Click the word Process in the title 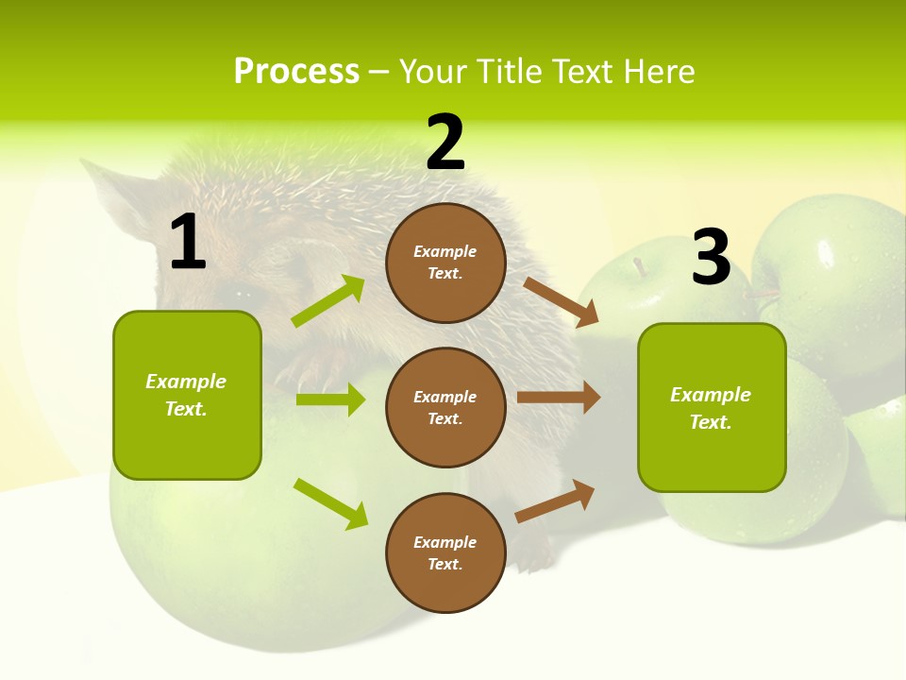point(296,72)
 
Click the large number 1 point(188,243)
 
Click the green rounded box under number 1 point(187,395)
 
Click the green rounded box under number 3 point(712,408)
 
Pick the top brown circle point(445,263)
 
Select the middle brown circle point(445,407)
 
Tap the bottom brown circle point(445,552)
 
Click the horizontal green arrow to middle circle point(330,399)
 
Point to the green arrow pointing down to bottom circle point(330,503)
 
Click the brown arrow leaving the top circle point(562,302)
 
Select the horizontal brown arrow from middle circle point(559,398)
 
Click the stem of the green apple point(641,266)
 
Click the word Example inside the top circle point(445,252)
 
